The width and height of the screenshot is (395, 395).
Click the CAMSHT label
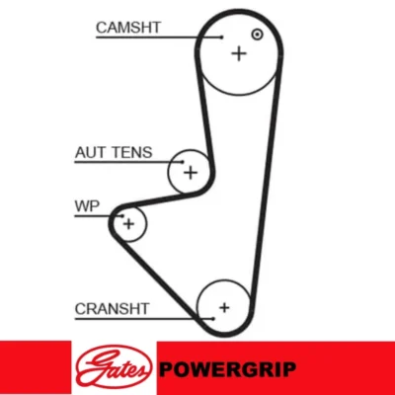(x=128, y=28)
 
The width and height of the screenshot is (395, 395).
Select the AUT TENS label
(x=114, y=153)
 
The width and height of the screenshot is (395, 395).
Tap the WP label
(x=87, y=206)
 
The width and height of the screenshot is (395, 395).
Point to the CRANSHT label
(x=112, y=309)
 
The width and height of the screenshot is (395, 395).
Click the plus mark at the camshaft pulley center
(x=239, y=53)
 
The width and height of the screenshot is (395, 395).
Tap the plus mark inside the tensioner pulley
(x=191, y=173)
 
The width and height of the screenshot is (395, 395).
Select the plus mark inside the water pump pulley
(x=128, y=224)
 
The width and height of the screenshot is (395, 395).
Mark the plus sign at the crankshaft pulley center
(x=224, y=308)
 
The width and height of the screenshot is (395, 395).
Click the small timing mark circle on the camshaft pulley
(x=257, y=35)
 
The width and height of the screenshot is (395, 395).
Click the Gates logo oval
(x=114, y=368)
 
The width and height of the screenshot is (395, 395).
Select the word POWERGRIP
(x=227, y=368)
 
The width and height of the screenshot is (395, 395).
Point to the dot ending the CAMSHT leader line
(x=221, y=38)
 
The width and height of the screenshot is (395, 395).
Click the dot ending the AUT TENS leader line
(x=183, y=162)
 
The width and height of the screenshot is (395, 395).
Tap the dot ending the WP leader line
(x=122, y=216)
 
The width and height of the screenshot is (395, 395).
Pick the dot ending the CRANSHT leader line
(x=213, y=319)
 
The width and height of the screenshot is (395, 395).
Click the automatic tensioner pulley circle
(x=168, y=171)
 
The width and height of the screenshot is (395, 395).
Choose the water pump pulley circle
(x=146, y=224)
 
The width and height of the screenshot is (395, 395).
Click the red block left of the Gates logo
(x=36, y=368)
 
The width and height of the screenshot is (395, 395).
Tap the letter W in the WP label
(x=82, y=206)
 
